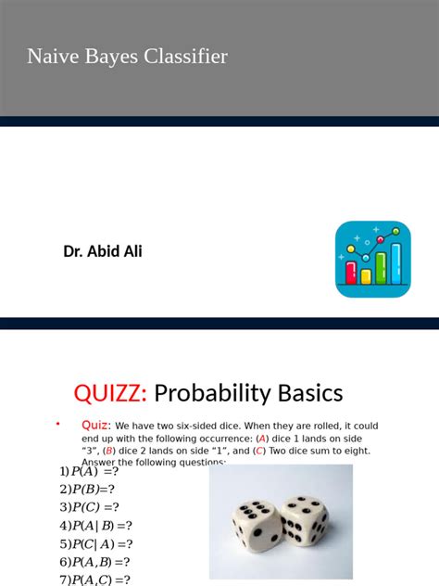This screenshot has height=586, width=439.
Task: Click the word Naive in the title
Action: (x=51, y=57)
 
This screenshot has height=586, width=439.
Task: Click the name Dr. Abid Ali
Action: (x=103, y=251)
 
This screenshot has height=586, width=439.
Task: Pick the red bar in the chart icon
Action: (x=352, y=272)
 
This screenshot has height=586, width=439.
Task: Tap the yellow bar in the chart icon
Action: (x=366, y=275)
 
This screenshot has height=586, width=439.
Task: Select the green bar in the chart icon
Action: (x=381, y=268)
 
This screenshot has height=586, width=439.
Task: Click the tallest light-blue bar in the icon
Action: (x=395, y=263)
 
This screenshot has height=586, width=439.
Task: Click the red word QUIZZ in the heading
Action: (x=110, y=393)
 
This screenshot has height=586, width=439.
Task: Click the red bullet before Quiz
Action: (x=57, y=424)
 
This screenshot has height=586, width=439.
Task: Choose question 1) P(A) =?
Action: (x=89, y=471)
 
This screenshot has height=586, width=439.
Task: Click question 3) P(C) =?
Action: (x=90, y=507)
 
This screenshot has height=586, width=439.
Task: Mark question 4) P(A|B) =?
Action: (x=95, y=526)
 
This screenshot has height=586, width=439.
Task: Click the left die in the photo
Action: (x=251, y=524)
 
